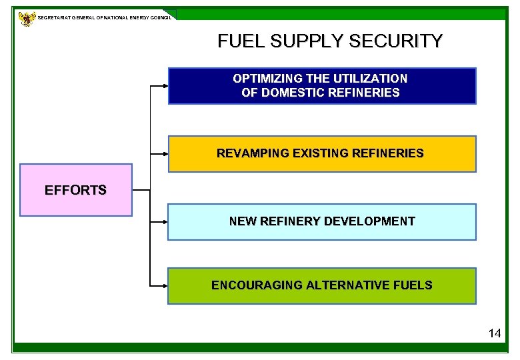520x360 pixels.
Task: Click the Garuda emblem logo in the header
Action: [x=27, y=19]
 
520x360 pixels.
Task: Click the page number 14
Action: [x=494, y=333]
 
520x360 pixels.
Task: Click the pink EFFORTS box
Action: [x=76, y=190]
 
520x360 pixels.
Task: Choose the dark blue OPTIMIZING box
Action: [x=322, y=86]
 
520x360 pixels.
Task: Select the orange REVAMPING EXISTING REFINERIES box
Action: [x=322, y=154]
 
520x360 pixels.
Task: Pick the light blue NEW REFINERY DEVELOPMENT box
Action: [x=322, y=222]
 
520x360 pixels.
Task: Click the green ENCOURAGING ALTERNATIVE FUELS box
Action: [x=322, y=286]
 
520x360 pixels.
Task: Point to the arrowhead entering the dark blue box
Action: [x=165, y=86]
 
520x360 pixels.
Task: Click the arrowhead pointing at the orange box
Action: [x=165, y=154]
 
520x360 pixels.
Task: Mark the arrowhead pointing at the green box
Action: [x=165, y=285]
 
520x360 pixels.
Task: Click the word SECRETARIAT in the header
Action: [x=57, y=17]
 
